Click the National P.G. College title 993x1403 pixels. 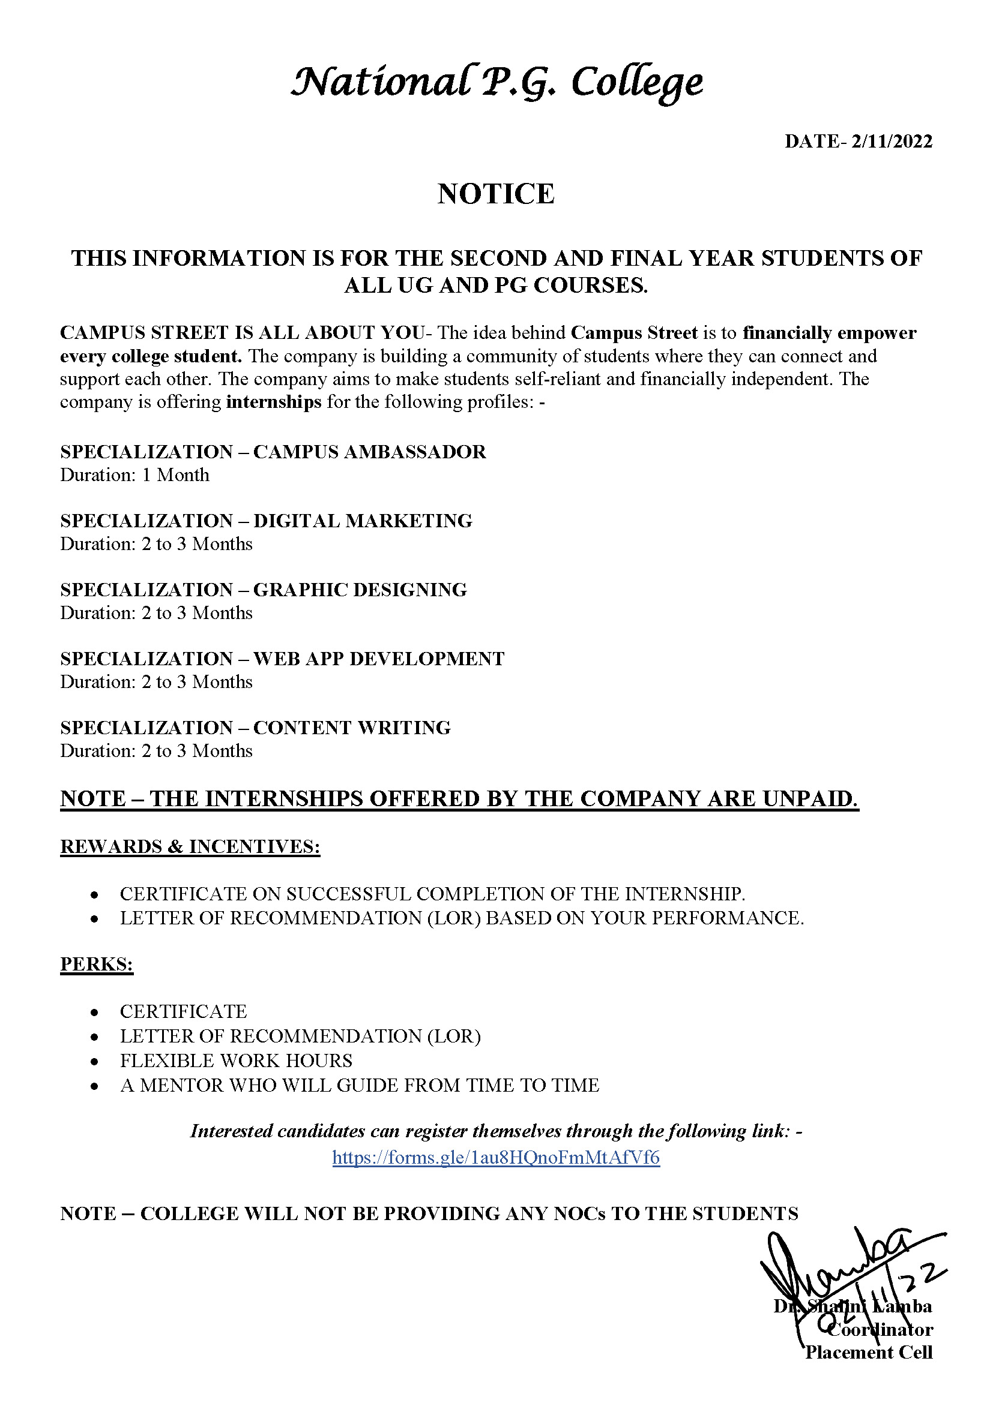pyautogui.click(x=496, y=83)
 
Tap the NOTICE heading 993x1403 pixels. pyautogui.click(x=496, y=194)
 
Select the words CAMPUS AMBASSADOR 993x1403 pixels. pyautogui.click(x=369, y=452)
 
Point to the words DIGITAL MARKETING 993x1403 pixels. pyautogui.click(x=363, y=521)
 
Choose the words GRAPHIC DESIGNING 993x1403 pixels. pyautogui.click(x=360, y=590)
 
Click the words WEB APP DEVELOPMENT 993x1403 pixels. pyautogui.click(x=378, y=659)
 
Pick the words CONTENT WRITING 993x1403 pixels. pyautogui.click(x=352, y=728)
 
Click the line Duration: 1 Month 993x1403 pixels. pyautogui.click(x=134, y=475)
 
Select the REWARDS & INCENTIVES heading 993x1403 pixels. pyautogui.click(x=190, y=846)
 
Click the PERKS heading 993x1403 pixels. pyautogui.click(x=97, y=964)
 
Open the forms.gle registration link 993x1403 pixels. pyautogui.click(x=496, y=1157)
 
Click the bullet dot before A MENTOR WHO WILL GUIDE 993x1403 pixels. pyautogui.click(x=94, y=1086)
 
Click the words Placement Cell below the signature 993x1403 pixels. pyautogui.click(x=868, y=1352)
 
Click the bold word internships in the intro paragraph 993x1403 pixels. pyautogui.click(x=273, y=402)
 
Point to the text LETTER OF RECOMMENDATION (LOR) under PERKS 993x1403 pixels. pyautogui.click(x=300, y=1036)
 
